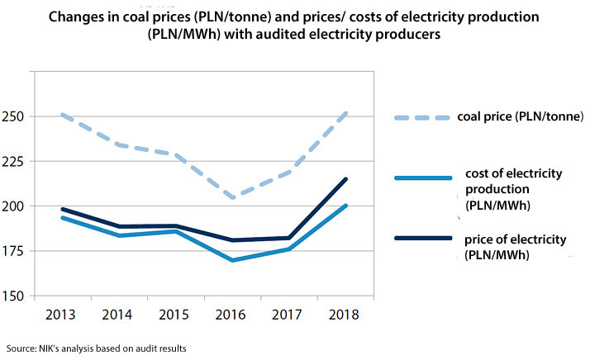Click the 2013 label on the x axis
click(62, 315)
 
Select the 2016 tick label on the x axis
click(231, 315)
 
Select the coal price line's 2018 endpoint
click(345, 113)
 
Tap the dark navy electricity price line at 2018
click(345, 179)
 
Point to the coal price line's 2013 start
click(62, 115)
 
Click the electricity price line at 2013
click(62, 209)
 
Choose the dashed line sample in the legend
click(421, 116)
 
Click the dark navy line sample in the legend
click(421, 239)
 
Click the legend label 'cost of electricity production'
click(514, 187)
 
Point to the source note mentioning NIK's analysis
click(96, 348)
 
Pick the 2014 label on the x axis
click(118, 315)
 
